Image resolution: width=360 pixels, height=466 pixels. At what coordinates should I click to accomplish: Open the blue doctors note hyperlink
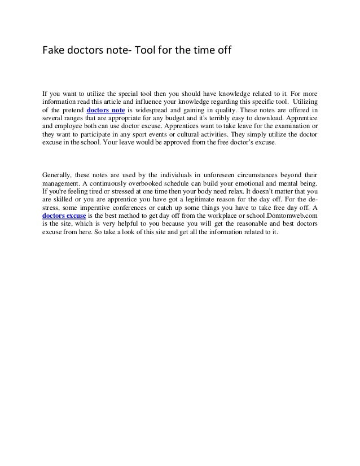[105, 110]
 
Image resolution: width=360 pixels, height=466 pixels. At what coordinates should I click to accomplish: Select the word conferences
[139, 207]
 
